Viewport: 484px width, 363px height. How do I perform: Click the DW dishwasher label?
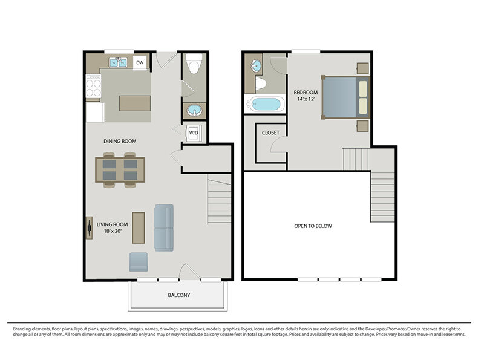140,63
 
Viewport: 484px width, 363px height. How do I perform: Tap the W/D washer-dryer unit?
194,133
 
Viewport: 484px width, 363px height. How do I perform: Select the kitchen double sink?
118,62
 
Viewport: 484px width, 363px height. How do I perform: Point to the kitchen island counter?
135,103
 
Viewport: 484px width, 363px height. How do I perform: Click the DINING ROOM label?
120,142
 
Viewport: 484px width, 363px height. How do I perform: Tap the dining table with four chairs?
120,170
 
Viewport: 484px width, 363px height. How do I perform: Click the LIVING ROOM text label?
112,224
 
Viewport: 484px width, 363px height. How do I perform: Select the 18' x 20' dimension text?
113,231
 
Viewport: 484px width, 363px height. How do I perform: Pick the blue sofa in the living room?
163,228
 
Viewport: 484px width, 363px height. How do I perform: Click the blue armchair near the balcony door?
139,262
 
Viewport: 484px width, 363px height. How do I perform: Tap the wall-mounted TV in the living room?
89,228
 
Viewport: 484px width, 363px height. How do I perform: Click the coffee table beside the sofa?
139,228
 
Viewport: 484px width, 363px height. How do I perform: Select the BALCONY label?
179,295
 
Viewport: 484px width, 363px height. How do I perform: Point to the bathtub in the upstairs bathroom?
265,104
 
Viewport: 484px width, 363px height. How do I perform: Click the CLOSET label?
270,132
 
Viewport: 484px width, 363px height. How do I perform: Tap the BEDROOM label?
306,93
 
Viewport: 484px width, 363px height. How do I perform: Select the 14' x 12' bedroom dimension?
306,99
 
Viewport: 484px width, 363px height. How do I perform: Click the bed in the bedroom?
345,97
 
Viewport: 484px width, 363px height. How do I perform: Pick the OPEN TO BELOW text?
313,226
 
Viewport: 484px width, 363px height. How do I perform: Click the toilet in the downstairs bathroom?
194,64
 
